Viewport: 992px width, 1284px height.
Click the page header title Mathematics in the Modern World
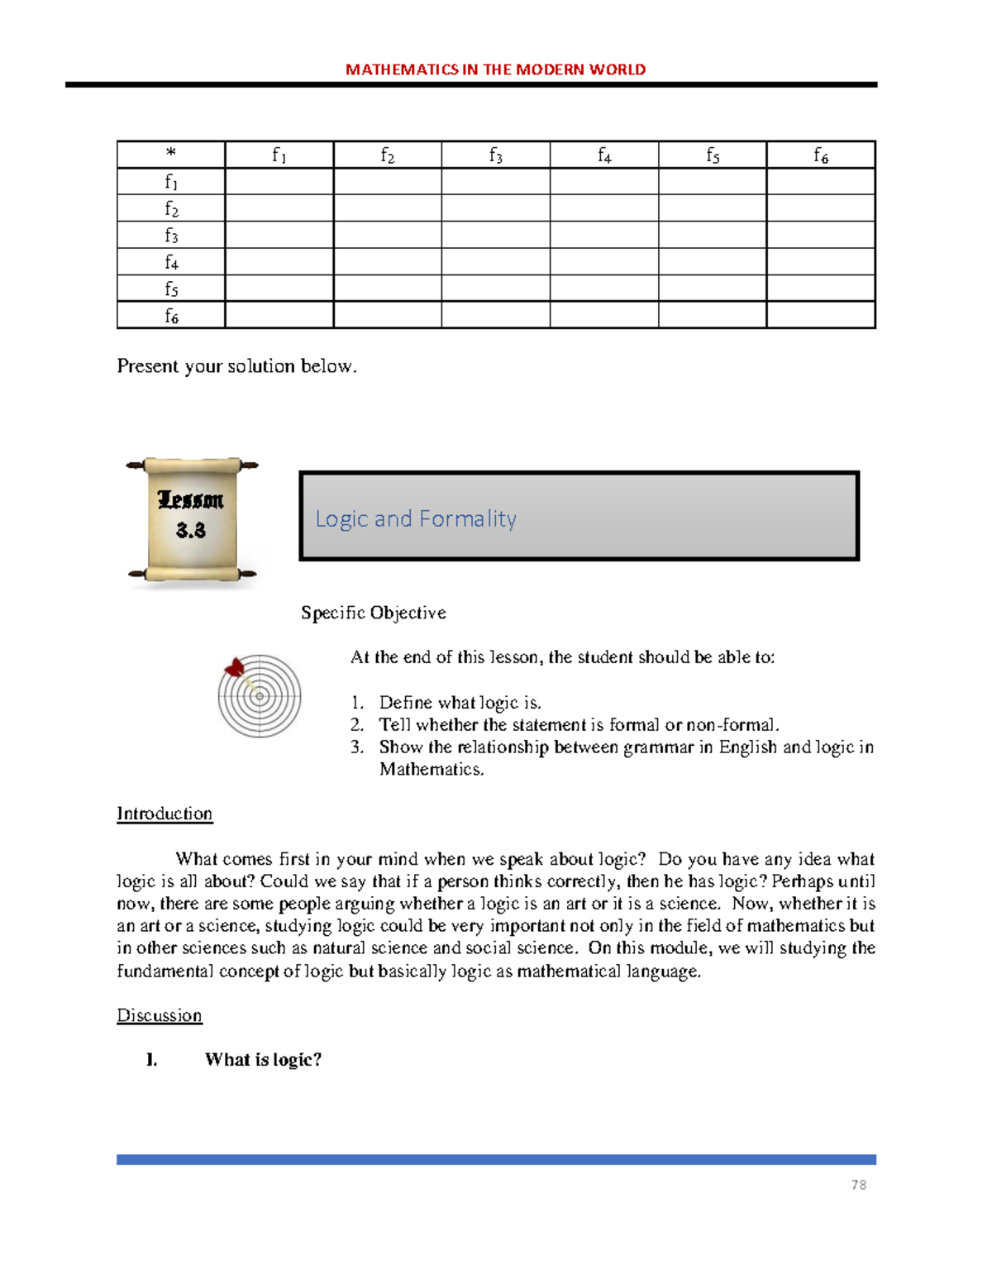(495, 69)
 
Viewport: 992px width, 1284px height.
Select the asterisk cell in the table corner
(171, 154)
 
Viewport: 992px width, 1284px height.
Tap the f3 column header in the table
(495, 155)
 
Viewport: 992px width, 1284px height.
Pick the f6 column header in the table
(820, 155)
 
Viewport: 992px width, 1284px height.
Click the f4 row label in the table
(171, 261)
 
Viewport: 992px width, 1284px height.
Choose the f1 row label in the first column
(171, 181)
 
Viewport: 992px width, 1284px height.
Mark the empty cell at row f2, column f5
(712, 208)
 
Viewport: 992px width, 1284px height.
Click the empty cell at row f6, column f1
(279, 315)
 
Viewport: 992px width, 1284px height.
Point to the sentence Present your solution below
(236, 365)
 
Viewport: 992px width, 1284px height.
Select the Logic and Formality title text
(416, 518)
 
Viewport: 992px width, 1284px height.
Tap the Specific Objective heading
(373, 613)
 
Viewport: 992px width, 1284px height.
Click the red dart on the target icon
(235, 667)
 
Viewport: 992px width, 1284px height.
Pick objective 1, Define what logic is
(460, 703)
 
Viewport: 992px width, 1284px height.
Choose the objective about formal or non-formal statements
(579, 725)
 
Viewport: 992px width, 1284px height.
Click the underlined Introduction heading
(165, 814)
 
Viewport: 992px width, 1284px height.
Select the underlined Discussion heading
(159, 1015)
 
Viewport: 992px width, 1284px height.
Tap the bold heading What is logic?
(263, 1060)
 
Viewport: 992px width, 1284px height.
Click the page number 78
(858, 1185)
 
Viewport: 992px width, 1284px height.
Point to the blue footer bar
(496, 1159)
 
